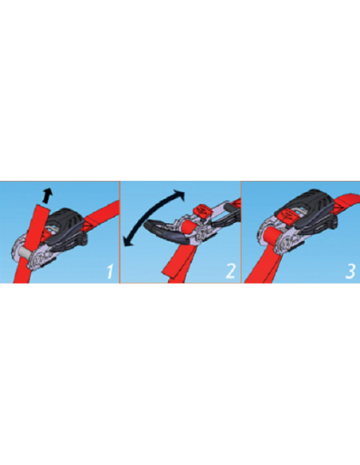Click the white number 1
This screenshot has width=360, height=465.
(x=110, y=272)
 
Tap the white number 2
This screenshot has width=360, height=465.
(x=230, y=272)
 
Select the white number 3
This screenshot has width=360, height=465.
(x=350, y=272)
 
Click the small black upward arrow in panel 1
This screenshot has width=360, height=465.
(x=47, y=195)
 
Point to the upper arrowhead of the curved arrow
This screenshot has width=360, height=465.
(x=180, y=195)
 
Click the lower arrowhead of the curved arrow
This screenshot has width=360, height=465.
(x=128, y=240)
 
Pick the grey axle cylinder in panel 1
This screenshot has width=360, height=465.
(x=24, y=253)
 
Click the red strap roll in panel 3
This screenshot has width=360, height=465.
(x=271, y=236)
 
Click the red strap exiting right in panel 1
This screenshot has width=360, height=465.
(x=102, y=214)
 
